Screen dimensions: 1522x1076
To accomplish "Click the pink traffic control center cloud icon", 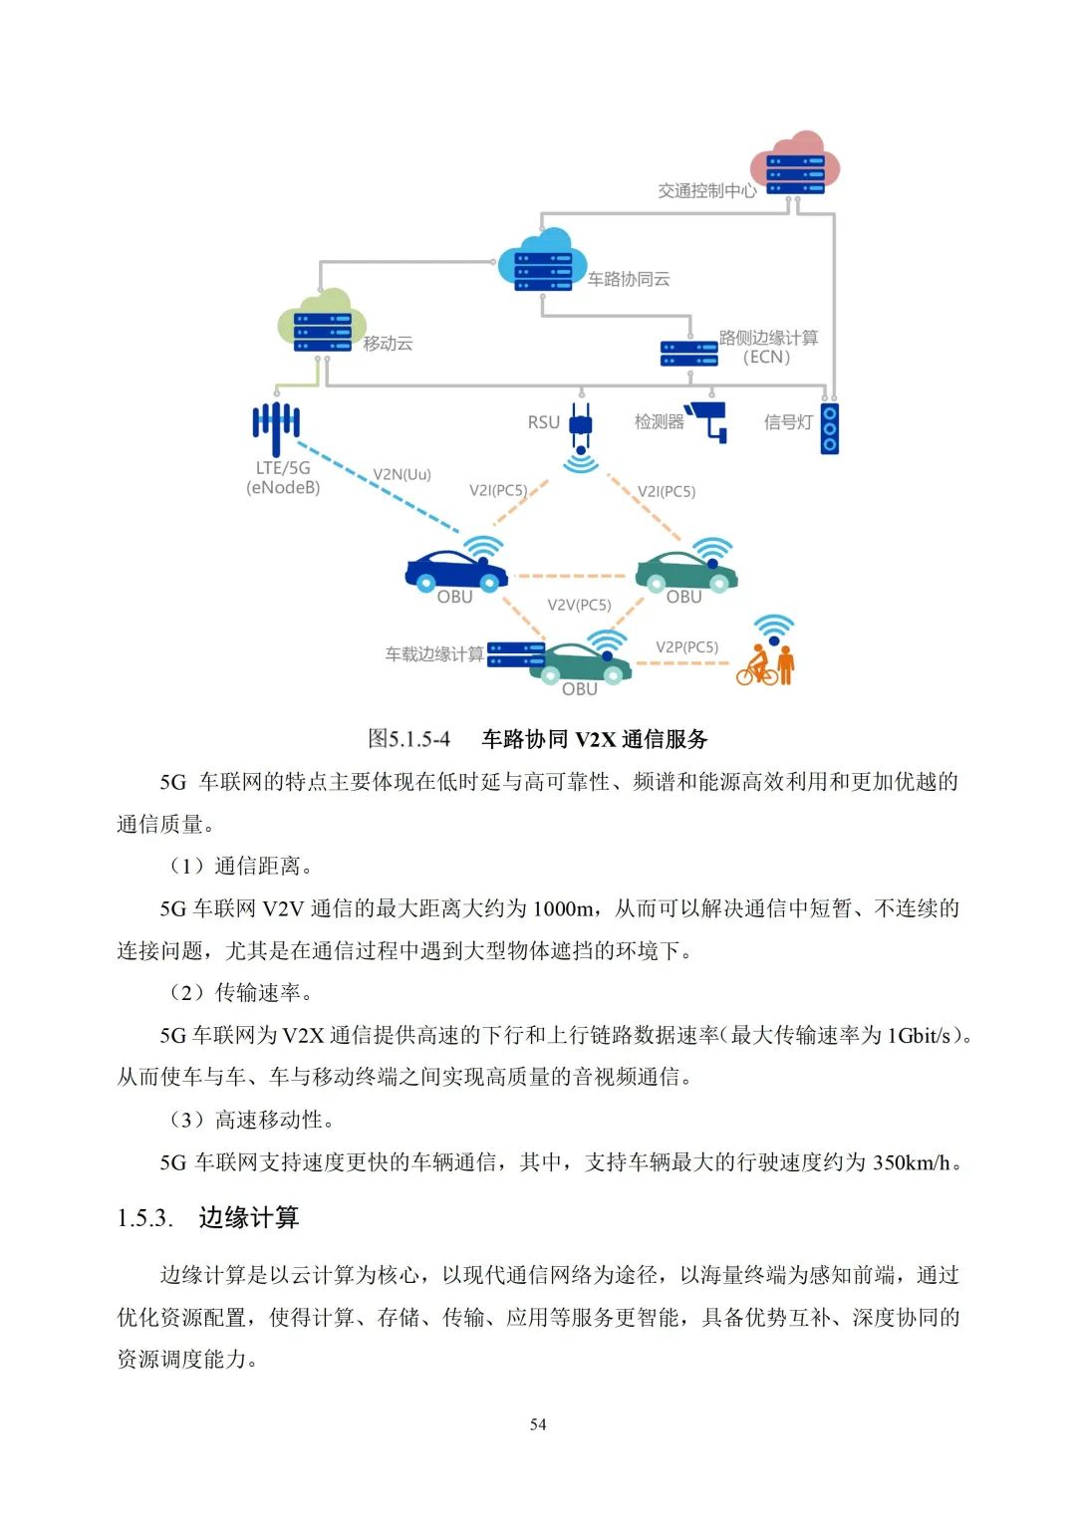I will (795, 161).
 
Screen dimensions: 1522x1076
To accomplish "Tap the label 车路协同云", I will (628, 279).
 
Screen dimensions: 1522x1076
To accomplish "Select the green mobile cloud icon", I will (317, 320).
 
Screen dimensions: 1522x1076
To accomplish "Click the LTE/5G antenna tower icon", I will (276, 422).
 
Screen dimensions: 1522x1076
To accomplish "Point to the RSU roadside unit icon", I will (581, 425).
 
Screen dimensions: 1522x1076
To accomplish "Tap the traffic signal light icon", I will (830, 428).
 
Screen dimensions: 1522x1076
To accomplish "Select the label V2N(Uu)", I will (402, 474).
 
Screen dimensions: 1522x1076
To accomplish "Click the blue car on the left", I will (456, 570).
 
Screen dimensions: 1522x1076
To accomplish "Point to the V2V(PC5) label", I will (579, 605).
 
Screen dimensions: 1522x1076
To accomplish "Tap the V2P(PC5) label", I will (686, 646).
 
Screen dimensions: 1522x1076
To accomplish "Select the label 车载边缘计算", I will (434, 654).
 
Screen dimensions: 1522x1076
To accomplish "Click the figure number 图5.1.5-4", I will (408, 739).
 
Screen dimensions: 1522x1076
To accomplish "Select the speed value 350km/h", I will (911, 1162).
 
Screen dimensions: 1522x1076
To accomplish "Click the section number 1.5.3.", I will (145, 1218).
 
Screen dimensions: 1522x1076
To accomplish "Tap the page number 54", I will (538, 1424).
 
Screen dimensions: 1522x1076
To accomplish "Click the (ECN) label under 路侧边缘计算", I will (766, 357).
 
